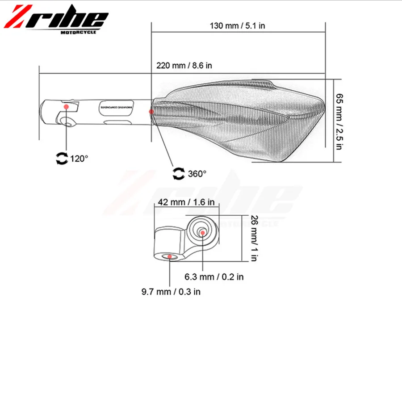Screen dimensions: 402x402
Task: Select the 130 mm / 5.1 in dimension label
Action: pos(238,25)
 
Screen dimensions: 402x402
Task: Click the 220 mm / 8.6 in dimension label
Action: pos(184,66)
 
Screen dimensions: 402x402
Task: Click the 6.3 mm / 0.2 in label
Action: pos(214,277)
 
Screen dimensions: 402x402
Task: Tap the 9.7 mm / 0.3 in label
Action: pos(171,292)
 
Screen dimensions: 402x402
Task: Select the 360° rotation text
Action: pos(197,173)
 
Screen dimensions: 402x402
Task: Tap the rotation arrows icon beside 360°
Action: pos(179,174)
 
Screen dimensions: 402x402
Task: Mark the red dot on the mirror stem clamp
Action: pos(67,106)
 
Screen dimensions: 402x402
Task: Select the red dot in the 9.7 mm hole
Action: pos(170,257)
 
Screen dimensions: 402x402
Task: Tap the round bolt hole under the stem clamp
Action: pos(68,122)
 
